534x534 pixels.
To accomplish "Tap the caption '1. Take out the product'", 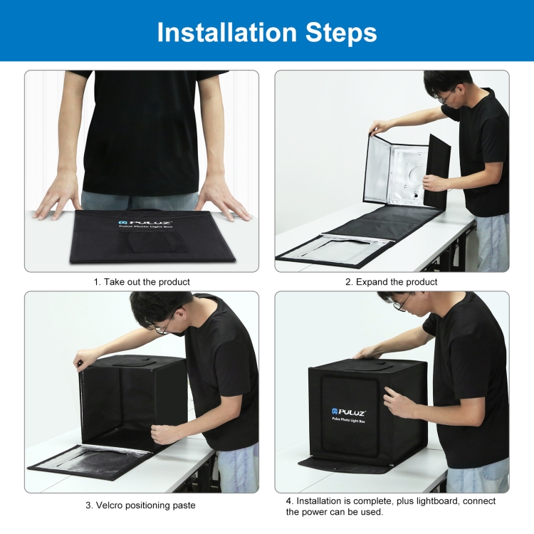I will (x=142, y=282).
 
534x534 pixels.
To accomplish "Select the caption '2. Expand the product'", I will (x=392, y=282).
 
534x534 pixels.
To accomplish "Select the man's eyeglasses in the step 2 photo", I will (x=443, y=98).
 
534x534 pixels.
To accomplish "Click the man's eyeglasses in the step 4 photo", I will (x=399, y=305).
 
